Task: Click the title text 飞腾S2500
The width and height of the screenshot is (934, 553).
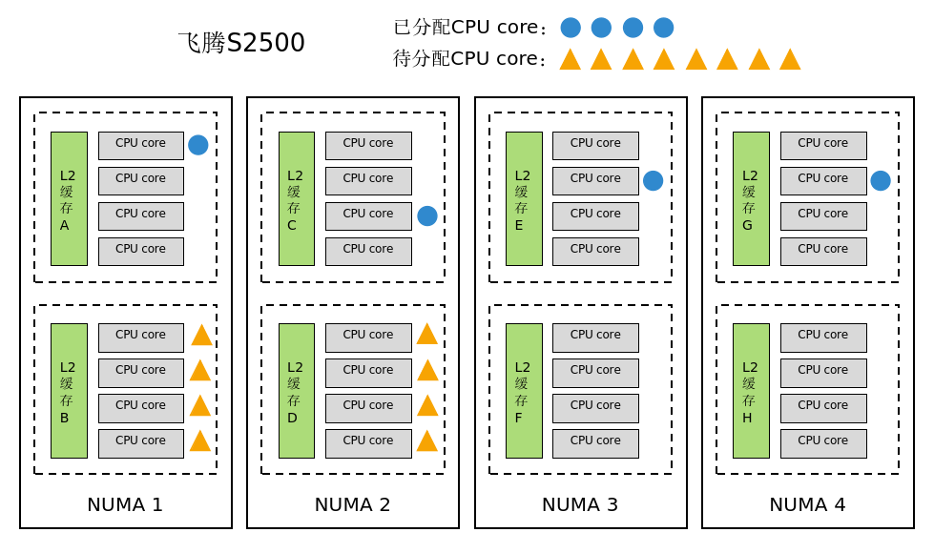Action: (x=241, y=43)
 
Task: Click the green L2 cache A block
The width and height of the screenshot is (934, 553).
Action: (x=69, y=198)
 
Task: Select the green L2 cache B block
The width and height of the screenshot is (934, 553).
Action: (x=69, y=391)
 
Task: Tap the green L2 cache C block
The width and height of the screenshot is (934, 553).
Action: (x=296, y=198)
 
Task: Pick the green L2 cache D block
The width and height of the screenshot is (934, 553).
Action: (x=296, y=391)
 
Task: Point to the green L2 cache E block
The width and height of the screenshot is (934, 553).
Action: (x=524, y=198)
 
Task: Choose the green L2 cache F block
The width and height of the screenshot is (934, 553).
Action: (x=524, y=391)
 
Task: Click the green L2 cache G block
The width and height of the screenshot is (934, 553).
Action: (x=751, y=198)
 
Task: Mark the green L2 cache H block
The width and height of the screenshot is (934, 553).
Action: (x=751, y=391)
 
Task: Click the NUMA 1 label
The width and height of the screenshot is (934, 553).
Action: (x=125, y=504)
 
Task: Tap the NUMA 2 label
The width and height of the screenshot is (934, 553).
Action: (x=352, y=504)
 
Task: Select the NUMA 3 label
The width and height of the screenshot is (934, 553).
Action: (x=580, y=504)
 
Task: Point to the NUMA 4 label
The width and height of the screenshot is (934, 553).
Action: (x=807, y=504)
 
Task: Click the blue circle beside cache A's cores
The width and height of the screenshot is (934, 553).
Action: (x=197, y=145)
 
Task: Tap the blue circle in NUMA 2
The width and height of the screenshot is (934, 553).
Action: (x=427, y=215)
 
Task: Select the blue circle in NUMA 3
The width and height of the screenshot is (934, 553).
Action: (x=653, y=180)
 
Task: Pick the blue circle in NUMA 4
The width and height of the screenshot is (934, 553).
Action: (x=881, y=180)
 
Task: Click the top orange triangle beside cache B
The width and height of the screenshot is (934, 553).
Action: (x=201, y=336)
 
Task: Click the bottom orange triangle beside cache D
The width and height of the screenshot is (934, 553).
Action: (x=427, y=441)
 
